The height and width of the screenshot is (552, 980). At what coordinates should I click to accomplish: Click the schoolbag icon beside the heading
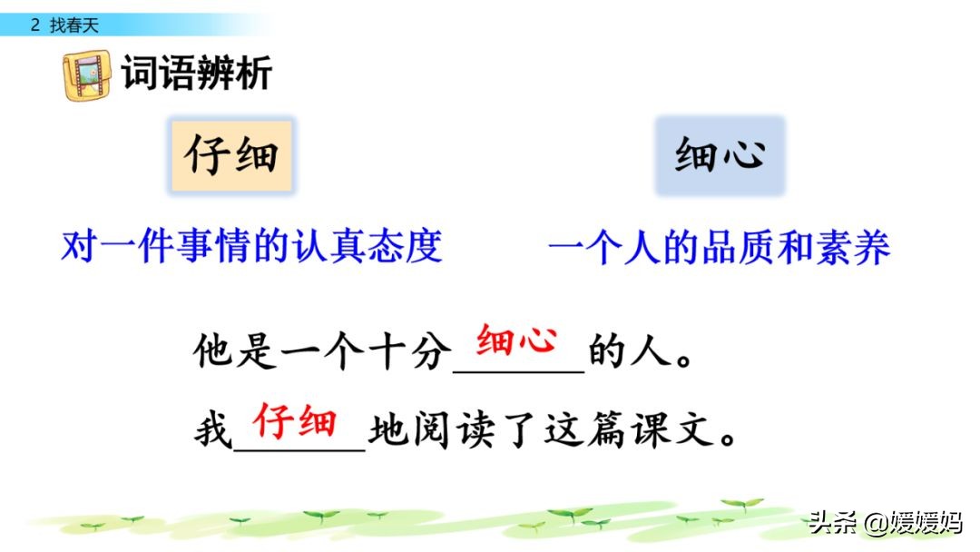pyautogui.click(x=87, y=75)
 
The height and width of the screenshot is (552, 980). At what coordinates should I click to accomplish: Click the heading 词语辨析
pyautogui.click(x=197, y=74)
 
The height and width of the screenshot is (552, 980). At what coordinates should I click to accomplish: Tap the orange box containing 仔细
pyautogui.click(x=232, y=155)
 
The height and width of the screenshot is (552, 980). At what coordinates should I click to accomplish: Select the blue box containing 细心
pyautogui.click(x=720, y=155)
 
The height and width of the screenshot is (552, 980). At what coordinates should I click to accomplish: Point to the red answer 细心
pyautogui.click(x=516, y=340)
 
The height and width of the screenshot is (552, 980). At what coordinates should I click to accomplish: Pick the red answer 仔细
pyautogui.click(x=295, y=420)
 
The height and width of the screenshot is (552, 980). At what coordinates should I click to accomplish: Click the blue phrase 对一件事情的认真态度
pyautogui.click(x=252, y=246)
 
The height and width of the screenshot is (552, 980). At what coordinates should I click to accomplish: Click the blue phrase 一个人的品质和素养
pyautogui.click(x=719, y=248)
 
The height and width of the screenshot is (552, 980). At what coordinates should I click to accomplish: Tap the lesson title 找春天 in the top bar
pyautogui.click(x=74, y=25)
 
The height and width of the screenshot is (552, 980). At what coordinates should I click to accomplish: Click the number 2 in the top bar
pyautogui.click(x=35, y=25)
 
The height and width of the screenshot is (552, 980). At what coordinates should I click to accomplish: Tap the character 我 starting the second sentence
pyautogui.click(x=213, y=430)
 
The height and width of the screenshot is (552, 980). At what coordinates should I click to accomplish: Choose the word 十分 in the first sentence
pyautogui.click(x=409, y=350)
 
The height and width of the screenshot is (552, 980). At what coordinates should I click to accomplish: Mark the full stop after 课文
pyautogui.click(x=728, y=439)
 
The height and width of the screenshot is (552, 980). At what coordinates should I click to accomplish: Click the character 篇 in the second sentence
pyautogui.click(x=606, y=429)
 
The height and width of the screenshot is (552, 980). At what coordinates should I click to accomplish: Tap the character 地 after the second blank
pyautogui.click(x=388, y=430)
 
